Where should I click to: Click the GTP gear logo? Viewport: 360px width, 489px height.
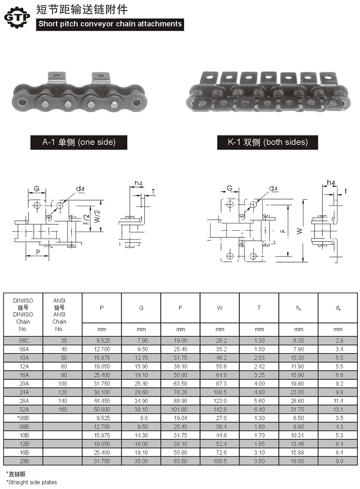pyautogui.click(x=17, y=17)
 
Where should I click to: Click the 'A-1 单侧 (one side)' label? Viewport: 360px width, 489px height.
pyautogui.click(x=79, y=142)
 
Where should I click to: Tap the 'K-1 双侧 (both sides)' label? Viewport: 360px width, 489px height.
pyautogui.click(x=267, y=142)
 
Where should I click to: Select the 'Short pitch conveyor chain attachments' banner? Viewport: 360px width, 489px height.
pyautogui.click(x=110, y=24)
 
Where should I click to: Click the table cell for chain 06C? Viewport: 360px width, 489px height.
pyautogui.click(x=24, y=341)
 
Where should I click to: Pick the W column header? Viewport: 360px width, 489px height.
pyautogui.click(x=220, y=308)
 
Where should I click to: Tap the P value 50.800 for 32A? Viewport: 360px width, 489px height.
pyautogui.click(x=102, y=409)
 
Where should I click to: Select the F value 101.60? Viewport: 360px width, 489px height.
pyautogui.click(x=180, y=409)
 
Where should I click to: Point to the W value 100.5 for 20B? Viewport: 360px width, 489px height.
pyautogui.click(x=220, y=461)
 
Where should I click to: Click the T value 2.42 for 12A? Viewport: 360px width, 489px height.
pyautogui.click(x=259, y=366)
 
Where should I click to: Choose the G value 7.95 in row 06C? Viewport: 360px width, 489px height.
pyautogui.click(x=141, y=341)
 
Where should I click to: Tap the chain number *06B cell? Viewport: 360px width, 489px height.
pyautogui.click(x=24, y=418)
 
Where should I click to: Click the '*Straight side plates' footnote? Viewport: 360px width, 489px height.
pyautogui.click(x=32, y=482)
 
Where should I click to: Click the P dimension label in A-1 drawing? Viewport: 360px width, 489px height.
pyautogui.click(x=38, y=252)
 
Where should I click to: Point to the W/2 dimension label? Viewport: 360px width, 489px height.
pyautogui.click(x=97, y=216)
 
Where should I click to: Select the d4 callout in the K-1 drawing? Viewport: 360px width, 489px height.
pyautogui.click(x=273, y=189)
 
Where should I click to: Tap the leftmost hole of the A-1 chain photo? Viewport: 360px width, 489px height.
pyautogui.click(x=21, y=102)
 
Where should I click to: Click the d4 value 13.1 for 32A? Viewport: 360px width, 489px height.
pyautogui.click(x=338, y=409)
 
